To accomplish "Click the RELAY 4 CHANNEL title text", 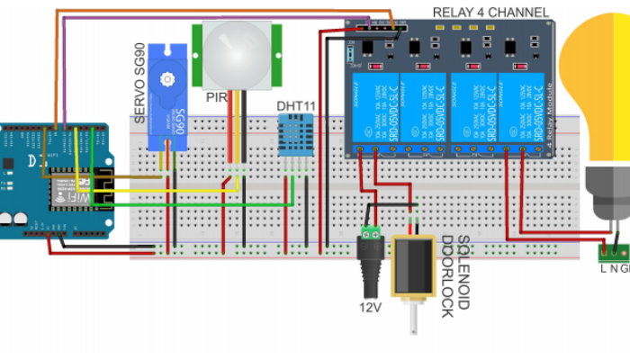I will (490, 12).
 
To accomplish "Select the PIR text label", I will (216, 96).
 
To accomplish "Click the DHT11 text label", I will (296, 106).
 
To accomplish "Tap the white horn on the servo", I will (166, 79).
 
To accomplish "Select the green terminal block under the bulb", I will (614, 248).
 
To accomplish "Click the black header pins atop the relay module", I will (378, 27).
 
